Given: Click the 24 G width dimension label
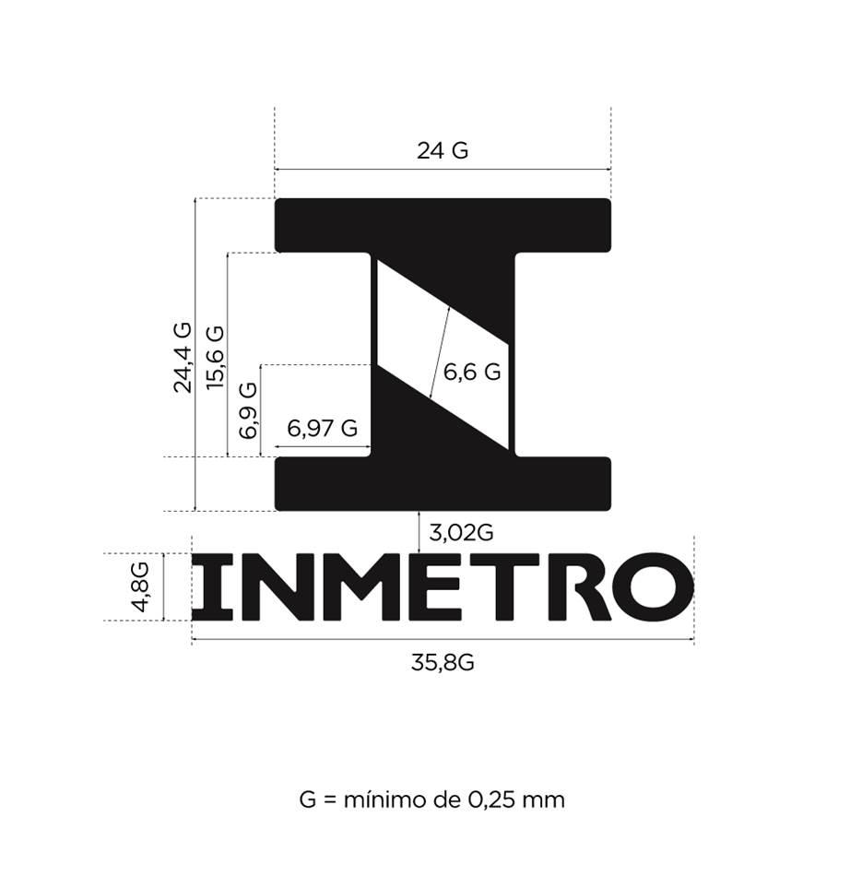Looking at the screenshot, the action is (x=443, y=150).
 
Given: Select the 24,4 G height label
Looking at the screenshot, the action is (x=183, y=358).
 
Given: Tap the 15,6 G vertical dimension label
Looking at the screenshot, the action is (x=215, y=357).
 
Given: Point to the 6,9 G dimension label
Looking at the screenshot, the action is (x=248, y=410).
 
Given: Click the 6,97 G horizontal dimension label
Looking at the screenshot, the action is (x=323, y=428).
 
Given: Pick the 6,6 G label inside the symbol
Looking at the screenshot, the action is (x=472, y=373).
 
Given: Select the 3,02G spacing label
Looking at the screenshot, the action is (x=461, y=532).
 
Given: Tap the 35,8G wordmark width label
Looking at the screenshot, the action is (x=443, y=662).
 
